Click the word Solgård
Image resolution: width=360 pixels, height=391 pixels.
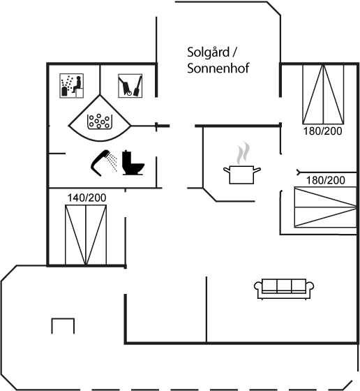click(x=209, y=53)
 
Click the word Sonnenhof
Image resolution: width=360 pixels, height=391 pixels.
click(x=218, y=68)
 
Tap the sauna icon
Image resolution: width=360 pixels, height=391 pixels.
click(x=71, y=85)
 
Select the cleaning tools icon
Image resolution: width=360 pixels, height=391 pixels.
click(x=130, y=85)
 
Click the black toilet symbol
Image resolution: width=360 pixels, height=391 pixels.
click(x=133, y=163)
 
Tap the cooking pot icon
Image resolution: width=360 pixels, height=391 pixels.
click(x=241, y=175)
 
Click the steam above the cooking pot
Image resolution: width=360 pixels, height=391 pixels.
click(x=243, y=153)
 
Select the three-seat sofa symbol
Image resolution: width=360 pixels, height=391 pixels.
click(x=284, y=289)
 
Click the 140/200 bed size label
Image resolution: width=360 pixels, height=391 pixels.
click(x=87, y=198)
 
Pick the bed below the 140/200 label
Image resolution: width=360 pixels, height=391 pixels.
click(x=86, y=235)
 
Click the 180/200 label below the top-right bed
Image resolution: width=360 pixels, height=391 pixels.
click(x=322, y=131)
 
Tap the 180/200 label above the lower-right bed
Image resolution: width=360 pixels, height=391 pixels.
click(x=325, y=180)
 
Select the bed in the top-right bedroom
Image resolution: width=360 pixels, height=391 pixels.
click(x=323, y=94)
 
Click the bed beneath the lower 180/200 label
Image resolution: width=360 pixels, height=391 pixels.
click(x=325, y=207)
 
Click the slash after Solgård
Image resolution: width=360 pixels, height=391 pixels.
click(x=234, y=52)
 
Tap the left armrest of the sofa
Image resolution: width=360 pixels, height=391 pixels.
click(x=258, y=286)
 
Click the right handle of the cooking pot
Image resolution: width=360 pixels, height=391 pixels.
click(x=257, y=170)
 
